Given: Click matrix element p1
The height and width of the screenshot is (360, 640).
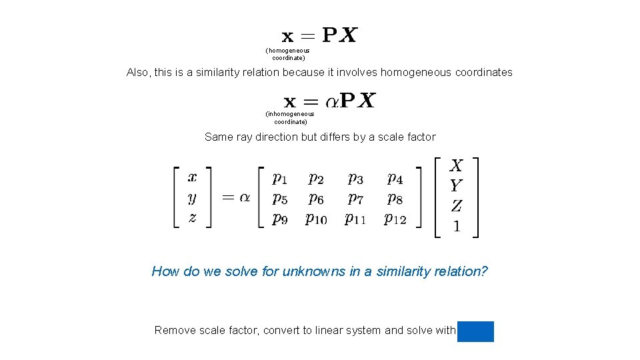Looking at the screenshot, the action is pos(280,178).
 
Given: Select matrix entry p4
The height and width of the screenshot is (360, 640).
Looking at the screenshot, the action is pos(395,178).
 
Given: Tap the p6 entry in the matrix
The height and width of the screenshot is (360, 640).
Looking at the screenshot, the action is pos(316,198).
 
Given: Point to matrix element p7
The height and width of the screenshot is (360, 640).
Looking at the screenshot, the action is pos(355,198).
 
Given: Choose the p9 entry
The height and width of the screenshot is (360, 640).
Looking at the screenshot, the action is pos(280,218).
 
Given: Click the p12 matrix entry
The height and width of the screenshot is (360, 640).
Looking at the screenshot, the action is pos(395,218).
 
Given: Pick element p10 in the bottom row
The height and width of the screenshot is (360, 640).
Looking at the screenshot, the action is pos(316,218).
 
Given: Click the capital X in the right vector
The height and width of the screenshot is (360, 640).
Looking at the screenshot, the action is pos(456,165).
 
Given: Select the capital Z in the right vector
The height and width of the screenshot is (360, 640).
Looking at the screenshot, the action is pos(456,206).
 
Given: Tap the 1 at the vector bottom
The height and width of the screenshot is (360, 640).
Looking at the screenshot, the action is pos(456,226).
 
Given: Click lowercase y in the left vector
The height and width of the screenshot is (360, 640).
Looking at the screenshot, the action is pos(192,197).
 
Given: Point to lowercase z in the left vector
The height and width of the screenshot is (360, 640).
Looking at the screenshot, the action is pos(192,217).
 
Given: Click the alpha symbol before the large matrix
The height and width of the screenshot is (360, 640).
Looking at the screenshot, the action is pos(245,197).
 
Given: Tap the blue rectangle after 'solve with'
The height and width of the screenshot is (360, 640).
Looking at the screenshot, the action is pos(475,331).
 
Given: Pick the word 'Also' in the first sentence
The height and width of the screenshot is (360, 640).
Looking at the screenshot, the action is pos(138,72).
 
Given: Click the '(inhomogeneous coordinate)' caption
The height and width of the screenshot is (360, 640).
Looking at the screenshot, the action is pos(290,118).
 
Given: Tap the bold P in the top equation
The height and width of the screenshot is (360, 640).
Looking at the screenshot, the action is pos(329,35).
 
